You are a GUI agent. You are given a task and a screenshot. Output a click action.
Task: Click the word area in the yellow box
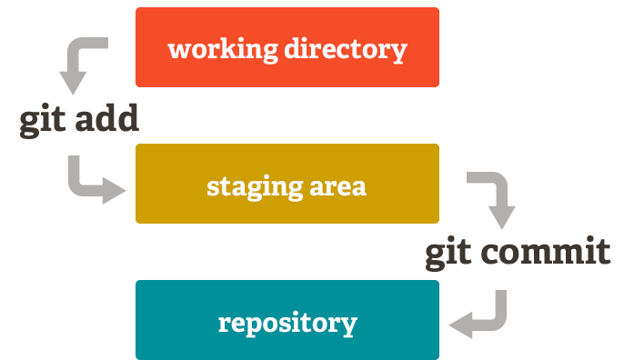pos(337,187)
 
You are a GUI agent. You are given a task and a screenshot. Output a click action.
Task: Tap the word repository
pos(287,323)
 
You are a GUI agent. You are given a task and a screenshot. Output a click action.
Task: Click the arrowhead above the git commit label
pos(502,217)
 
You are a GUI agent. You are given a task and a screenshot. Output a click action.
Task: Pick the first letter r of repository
pos(225,324)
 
